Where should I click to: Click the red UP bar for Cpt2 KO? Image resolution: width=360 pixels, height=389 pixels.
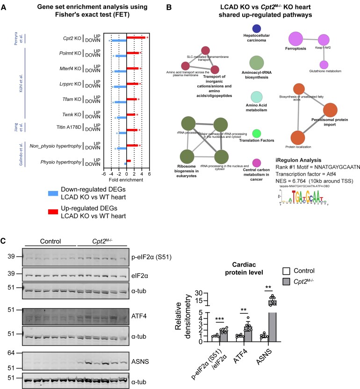point(136,37)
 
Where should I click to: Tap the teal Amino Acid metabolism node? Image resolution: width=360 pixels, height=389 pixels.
point(256,97)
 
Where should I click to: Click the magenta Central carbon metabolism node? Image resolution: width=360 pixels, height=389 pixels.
point(256,163)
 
